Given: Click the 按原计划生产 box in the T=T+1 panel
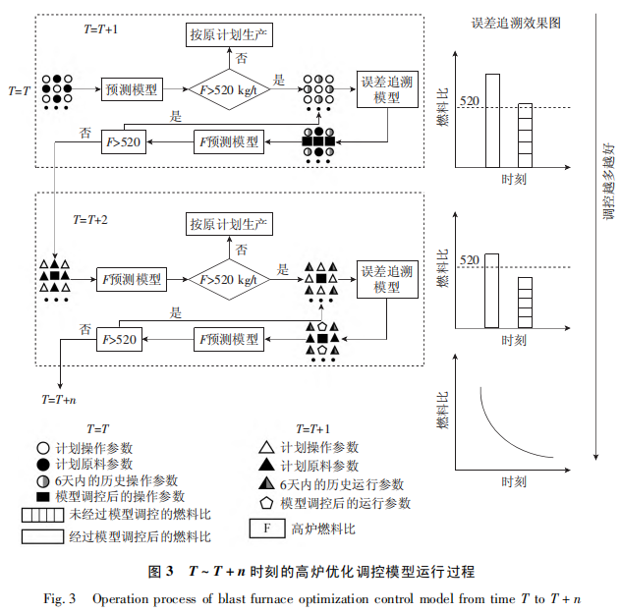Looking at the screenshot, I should [x=229, y=36].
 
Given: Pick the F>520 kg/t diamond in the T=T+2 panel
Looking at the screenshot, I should [x=228, y=280].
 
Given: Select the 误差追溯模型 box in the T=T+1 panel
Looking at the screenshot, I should [x=388, y=89].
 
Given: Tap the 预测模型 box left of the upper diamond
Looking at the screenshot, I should [x=132, y=90].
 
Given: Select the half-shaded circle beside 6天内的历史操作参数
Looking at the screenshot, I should [x=40, y=481].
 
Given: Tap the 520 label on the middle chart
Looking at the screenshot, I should [x=469, y=259].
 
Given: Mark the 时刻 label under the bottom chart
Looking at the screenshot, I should [x=513, y=482].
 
